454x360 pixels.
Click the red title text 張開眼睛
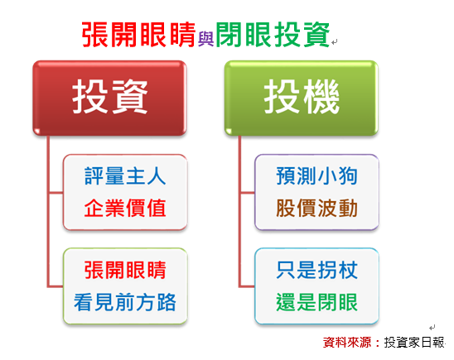pyautogui.click(x=138, y=35)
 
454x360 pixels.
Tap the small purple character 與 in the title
pyautogui.click(x=205, y=39)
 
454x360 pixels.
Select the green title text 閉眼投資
pyautogui.click(x=273, y=35)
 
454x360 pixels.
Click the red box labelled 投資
pyautogui.click(x=109, y=98)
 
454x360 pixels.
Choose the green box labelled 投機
pyautogui.click(x=302, y=98)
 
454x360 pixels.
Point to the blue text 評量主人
pyautogui.click(x=125, y=175)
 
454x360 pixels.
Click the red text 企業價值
pyautogui.click(x=125, y=208)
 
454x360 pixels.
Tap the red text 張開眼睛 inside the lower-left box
pyautogui.click(x=125, y=270)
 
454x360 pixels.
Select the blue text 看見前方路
pyautogui.click(x=125, y=302)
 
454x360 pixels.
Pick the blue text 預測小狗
pyautogui.click(x=317, y=175)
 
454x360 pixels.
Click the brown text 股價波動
pyautogui.click(x=317, y=208)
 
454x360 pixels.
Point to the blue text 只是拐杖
pyautogui.click(x=317, y=270)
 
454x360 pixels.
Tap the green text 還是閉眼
pyautogui.click(x=317, y=302)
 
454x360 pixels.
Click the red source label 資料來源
pyautogui.click(x=347, y=343)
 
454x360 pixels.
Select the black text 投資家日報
pyautogui.click(x=414, y=343)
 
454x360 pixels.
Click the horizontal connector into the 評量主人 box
pyautogui.click(x=56, y=192)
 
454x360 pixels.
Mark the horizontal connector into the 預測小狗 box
pyautogui.click(x=248, y=192)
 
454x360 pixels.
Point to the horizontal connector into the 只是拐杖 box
pyautogui.click(x=248, y=286)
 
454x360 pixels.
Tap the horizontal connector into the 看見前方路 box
pyautogui.click(x=56, y=286)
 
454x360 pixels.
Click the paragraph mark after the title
pyautogui.click(x=335, y=42)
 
